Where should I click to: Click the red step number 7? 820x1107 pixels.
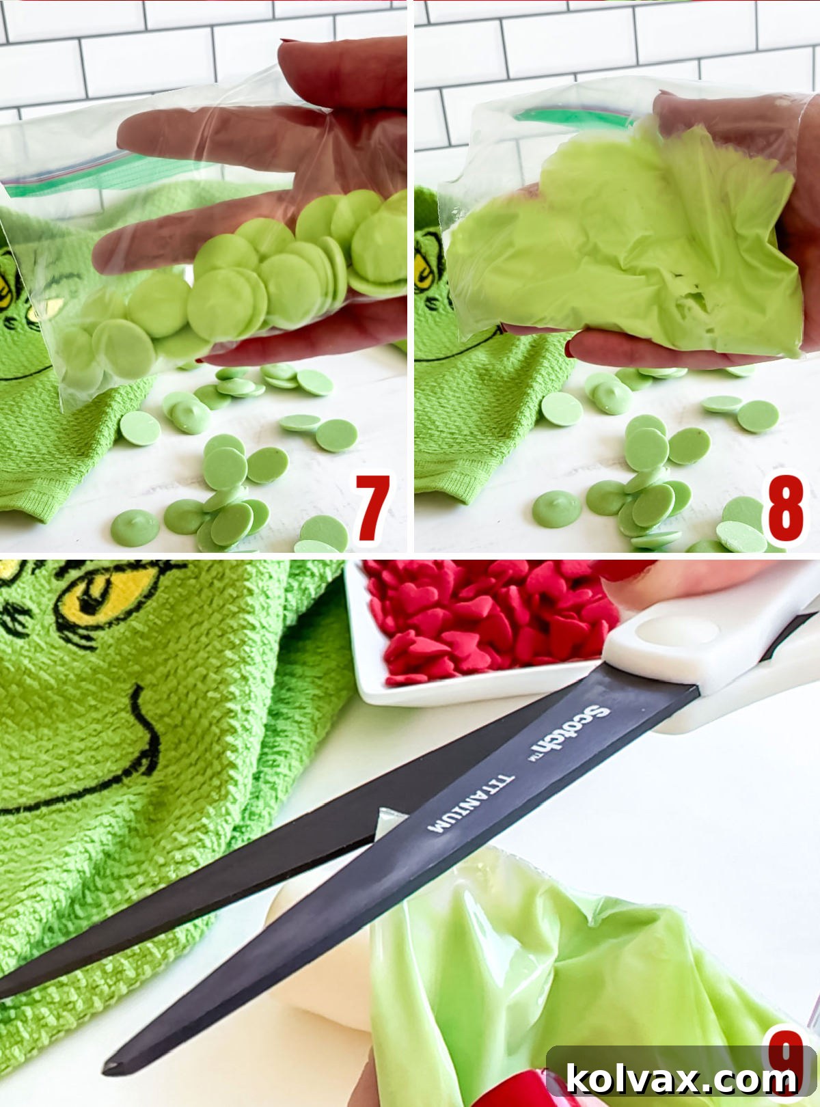[x=372, y=509]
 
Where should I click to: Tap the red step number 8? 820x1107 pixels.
[x=785, y=509]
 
